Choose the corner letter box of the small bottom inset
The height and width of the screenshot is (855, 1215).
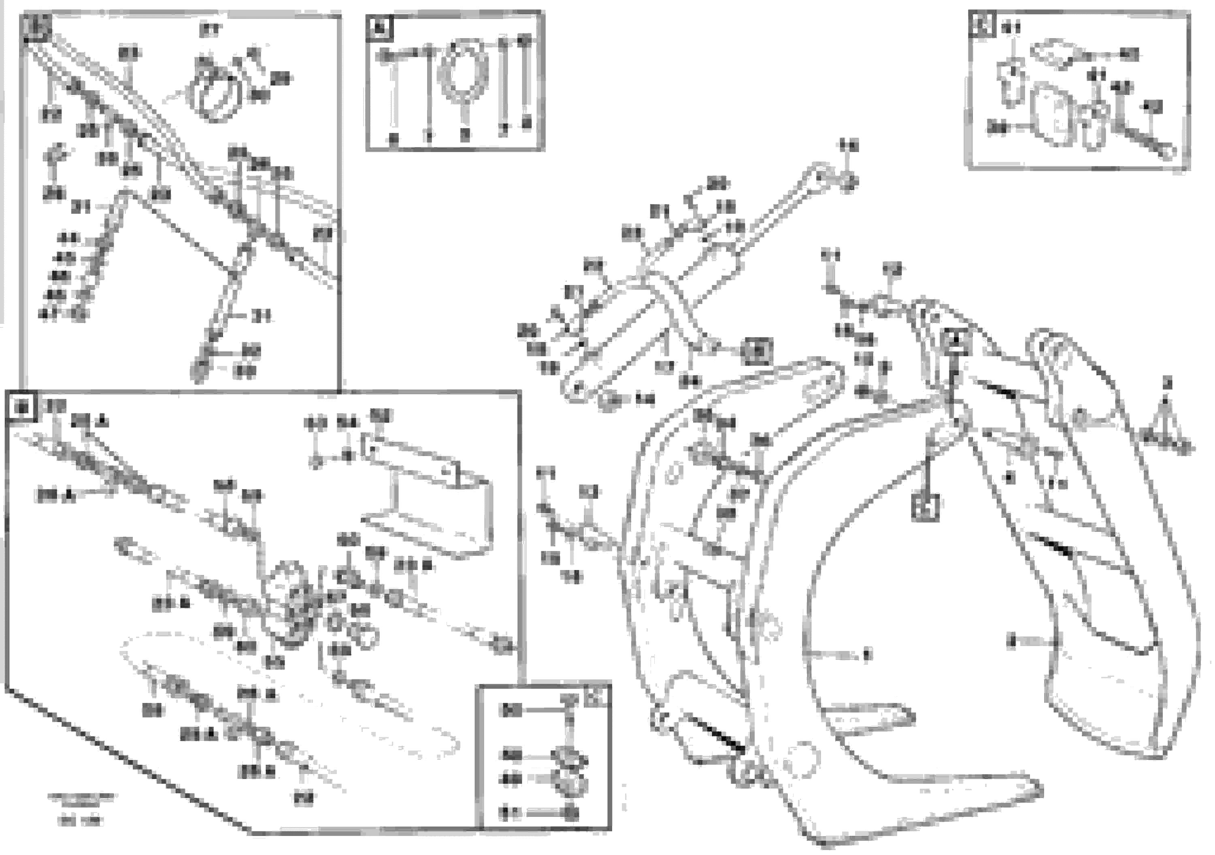pos(596,698)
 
